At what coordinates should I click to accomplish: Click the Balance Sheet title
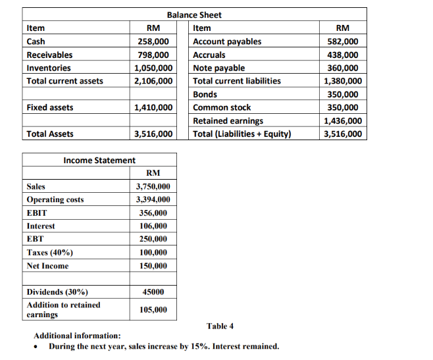tap(194, 14)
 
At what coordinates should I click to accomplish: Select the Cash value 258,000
tap(153, 41)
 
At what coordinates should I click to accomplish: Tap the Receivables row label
tap(49, 55)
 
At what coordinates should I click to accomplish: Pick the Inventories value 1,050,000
tap(153, 68)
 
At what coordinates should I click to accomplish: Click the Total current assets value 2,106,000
tap(153, 81)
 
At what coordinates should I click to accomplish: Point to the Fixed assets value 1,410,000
tap(153, 107)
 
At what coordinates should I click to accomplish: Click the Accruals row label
tap(209, 55)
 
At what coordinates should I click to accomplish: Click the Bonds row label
tap(205, 94)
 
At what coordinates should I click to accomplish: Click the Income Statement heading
tap(99, 160)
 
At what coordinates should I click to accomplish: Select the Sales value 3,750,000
tap(153, 186)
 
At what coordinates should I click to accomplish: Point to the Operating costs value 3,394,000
tap(153, 199)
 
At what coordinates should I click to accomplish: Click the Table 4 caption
tap(220, 326)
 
